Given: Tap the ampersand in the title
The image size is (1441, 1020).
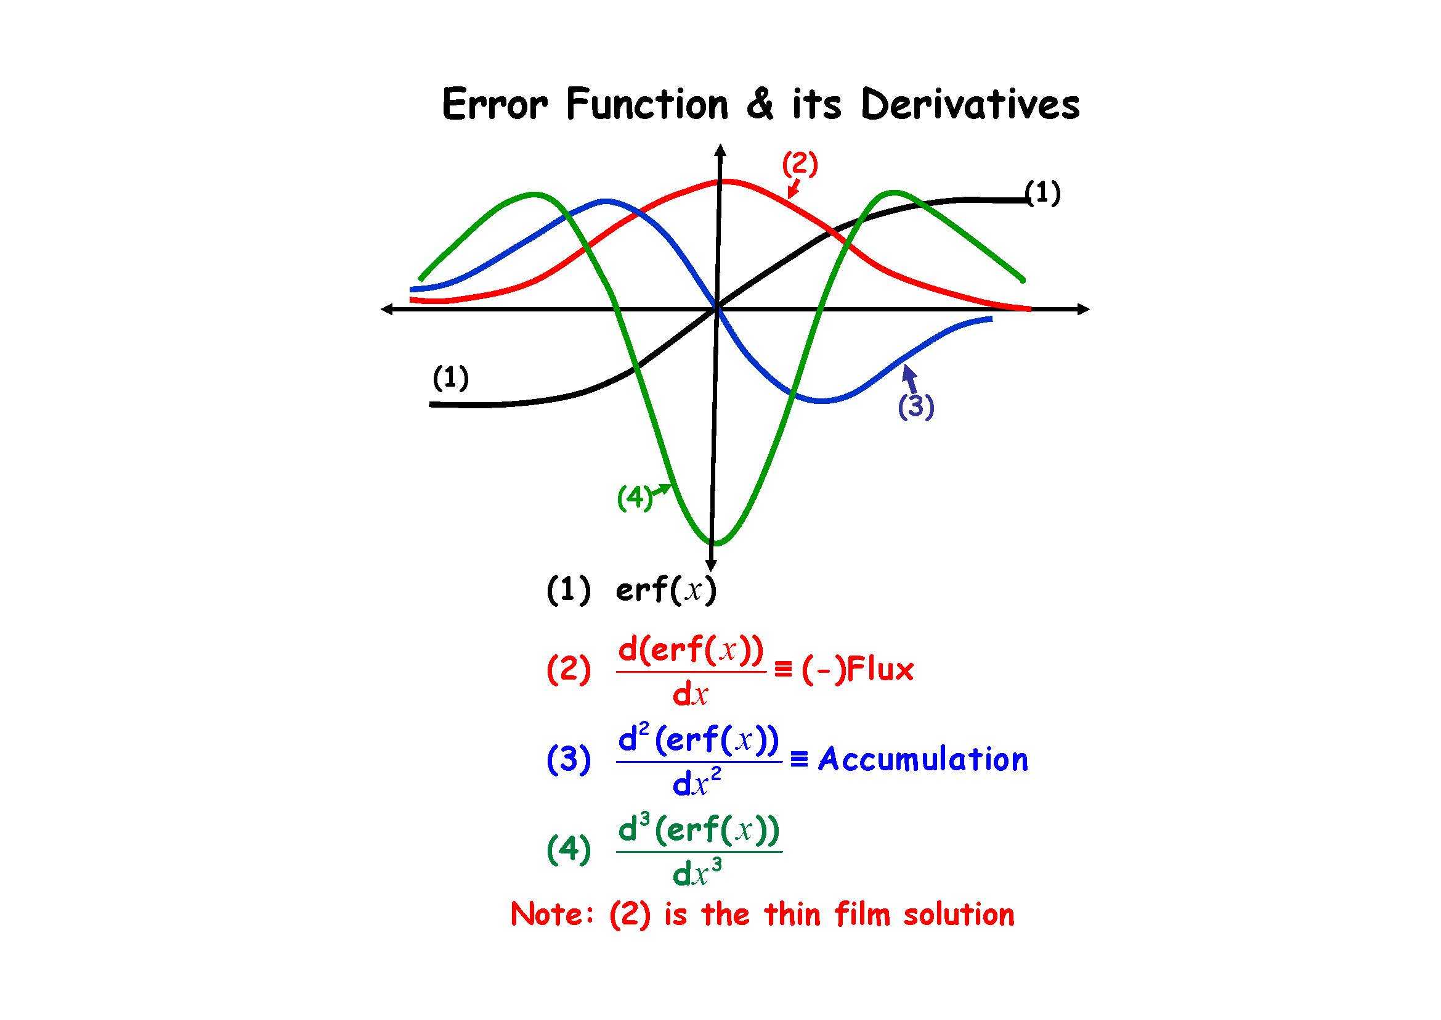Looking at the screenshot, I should tap(760, 104).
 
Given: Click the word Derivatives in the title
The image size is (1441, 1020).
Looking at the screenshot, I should tap(970, 104).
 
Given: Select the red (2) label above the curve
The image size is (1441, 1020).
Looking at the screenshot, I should tap(800, 164).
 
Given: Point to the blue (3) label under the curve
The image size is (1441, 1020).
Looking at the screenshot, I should tap(915, 406).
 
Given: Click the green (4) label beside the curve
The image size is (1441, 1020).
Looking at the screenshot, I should tap(635, 498).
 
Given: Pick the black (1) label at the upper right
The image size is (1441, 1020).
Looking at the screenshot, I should tap(1042, 193).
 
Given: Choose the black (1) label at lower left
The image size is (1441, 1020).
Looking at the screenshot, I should tap(450, 378).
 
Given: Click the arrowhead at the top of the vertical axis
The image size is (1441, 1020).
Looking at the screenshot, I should tap(721, 150).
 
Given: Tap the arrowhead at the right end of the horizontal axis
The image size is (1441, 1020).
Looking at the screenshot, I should tap(1082, 309).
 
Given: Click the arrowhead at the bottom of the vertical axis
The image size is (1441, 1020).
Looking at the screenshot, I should tap(711, 566).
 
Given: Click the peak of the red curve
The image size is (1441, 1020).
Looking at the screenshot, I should tap(725, 181).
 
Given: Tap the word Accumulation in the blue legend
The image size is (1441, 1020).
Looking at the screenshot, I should tap(923, 760).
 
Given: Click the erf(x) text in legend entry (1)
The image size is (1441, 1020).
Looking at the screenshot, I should tap(666, 590).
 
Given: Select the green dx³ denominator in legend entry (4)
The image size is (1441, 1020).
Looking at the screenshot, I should tap(697, 874).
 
